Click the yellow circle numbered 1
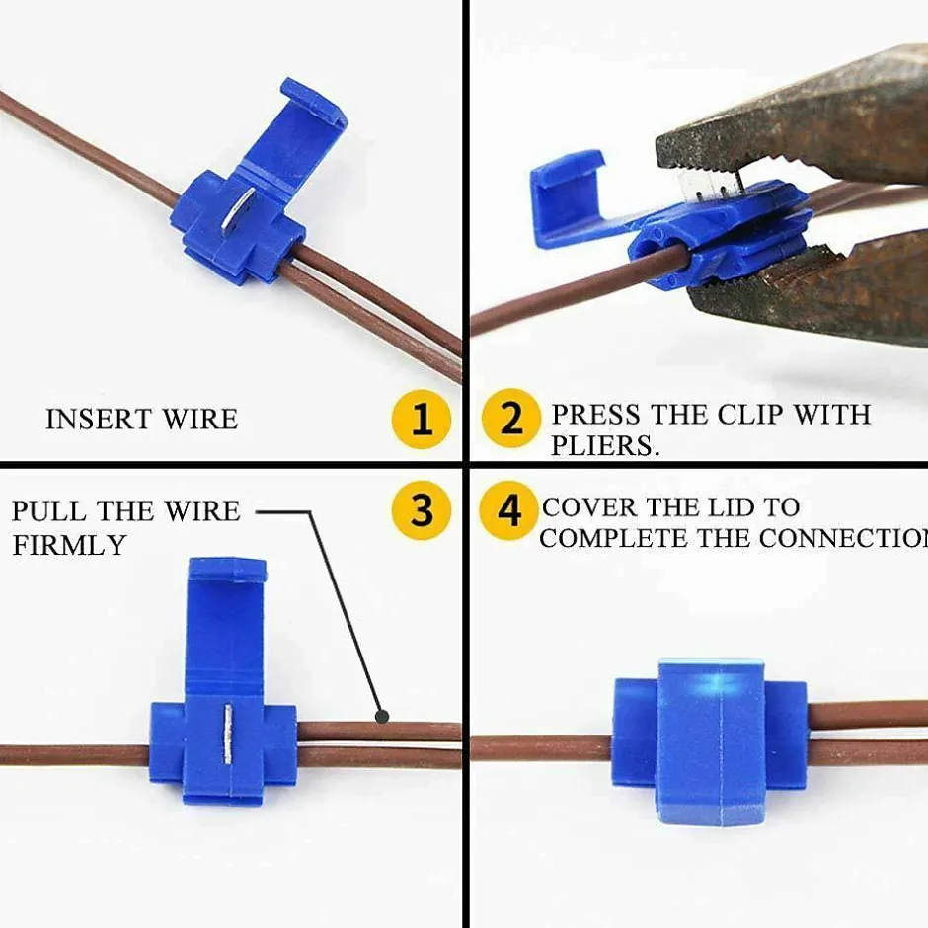click(x=422, y=420)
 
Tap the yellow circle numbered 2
click(x=511, y=419)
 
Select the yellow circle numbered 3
click(x=422, y=509)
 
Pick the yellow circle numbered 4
click(x=508, y=510)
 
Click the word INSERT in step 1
click(x=99, y=419)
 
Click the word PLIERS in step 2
click(x=605, y=445)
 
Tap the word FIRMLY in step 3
click(x=69, y=545)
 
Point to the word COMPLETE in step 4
click(x=614, y=538)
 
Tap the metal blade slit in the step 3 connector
click(x=228, y=733)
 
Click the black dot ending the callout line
click(x=382, y=717)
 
